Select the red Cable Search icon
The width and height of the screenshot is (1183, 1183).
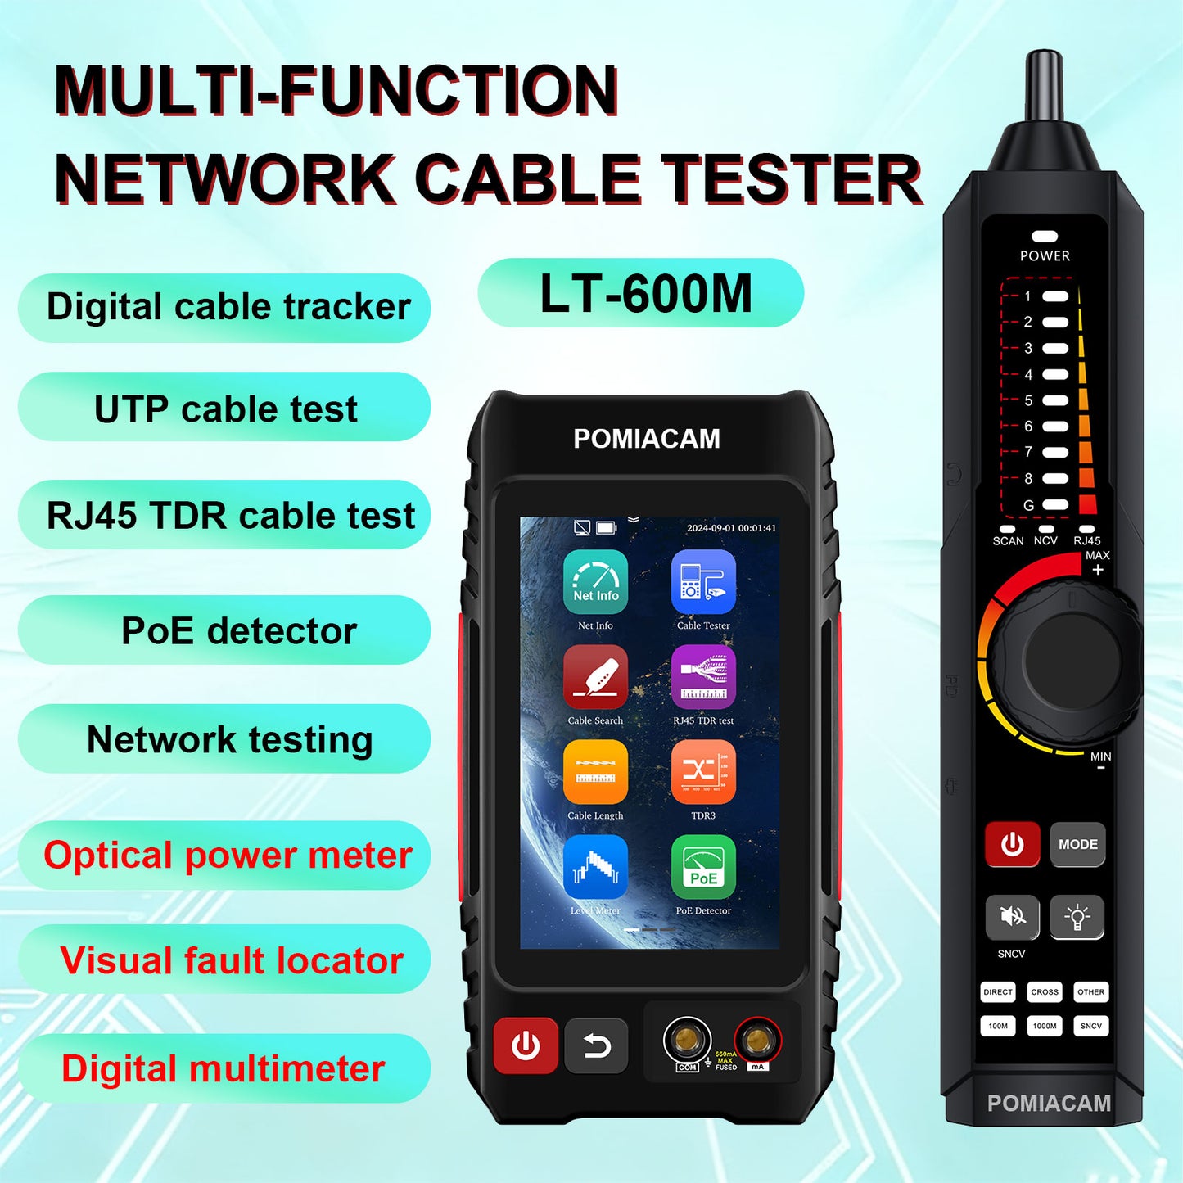pyautogui.click(x=595, y=677)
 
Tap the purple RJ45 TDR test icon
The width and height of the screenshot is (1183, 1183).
pyautogui.click(x=703, y=677)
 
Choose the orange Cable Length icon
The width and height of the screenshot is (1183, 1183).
pyautogui.click(x=595, y=772)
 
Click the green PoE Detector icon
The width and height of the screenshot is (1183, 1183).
pyautogui.click(x=703, y=867)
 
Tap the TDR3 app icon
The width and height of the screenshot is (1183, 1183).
pyautogui.click(x=703, y=772)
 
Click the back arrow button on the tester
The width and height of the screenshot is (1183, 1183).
pyautogui.click(x=596, y=1045)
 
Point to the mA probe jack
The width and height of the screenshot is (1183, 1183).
pyautogui.click(x=757, y=1041)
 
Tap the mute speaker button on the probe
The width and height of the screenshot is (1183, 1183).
pyautogui.click(x=1013, y=916)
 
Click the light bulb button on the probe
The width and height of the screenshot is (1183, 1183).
pyautogui.click(x=1077, y=916)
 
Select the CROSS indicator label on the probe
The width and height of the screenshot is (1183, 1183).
pyautogui.click(x=1045, y=992)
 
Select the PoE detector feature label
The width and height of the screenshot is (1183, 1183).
pyautogui.click(x=238, y=631)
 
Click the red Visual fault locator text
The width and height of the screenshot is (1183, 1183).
pyautogui.click(x=232, y=960)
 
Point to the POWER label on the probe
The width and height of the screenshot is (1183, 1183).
pyautogui.click(x=1045, y=255)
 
